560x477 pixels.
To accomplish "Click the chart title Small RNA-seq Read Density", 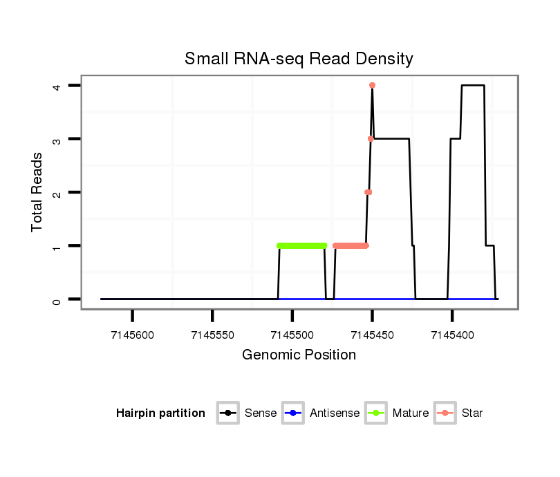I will pos(299,59).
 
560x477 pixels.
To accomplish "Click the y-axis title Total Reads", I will pos(37,192).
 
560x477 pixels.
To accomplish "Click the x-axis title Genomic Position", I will pos(299,355).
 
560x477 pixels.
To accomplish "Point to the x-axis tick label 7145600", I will pos(132,335).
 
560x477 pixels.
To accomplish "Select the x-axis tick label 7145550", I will pos(212,335).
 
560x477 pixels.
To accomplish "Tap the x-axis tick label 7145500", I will pos(292,335).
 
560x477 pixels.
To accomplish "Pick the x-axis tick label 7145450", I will pos(372,335).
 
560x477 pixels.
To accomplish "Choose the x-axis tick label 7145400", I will pos(452,335).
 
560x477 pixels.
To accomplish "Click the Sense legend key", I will pos(227,413).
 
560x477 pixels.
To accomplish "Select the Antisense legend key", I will pos(293,413).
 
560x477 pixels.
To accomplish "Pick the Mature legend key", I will pos(376,413).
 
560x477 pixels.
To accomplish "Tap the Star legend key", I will pos(445,413).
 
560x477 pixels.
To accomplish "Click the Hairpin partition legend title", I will pos(160,413).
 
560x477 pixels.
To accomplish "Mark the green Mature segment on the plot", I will pos(301,245).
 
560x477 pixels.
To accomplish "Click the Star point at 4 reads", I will pos(372,85).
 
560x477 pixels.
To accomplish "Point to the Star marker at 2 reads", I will pos(368,192).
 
